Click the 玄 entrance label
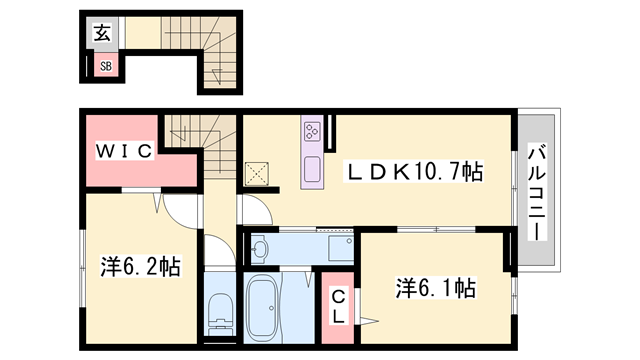pos(102,33)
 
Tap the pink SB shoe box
pos(107,64)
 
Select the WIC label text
pos(124,151)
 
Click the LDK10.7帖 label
pos(414,171)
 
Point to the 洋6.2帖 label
pos(141,267)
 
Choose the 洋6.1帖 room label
pos(436,288)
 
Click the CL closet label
pos(338,307)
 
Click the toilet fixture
pos(220,311)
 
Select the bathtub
pos(262,308)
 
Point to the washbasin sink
pos(259,248)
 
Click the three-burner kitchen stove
pos(312,131)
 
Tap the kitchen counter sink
pos(312,169)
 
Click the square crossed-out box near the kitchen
pos(256,174)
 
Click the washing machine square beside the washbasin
pos(341,248)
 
